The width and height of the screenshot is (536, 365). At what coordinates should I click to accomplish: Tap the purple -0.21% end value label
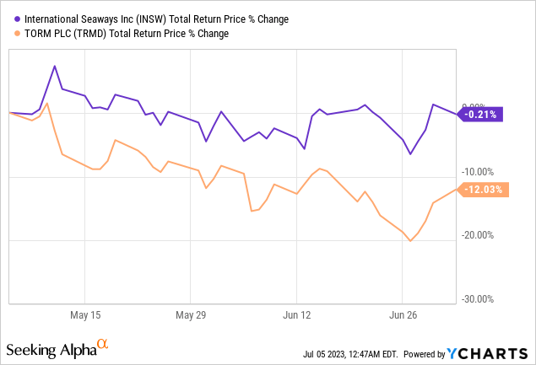(480, 114)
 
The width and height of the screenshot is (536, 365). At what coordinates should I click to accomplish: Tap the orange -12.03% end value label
(482, 190)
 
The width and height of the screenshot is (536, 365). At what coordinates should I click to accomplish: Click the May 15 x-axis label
(85, 314)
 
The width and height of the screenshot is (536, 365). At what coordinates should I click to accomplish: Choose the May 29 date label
(191, 314)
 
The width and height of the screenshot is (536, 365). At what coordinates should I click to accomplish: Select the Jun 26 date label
(403, 314)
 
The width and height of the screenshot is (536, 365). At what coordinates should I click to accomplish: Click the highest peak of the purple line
(55, 66)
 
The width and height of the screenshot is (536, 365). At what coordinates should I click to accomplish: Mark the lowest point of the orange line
(410, 241)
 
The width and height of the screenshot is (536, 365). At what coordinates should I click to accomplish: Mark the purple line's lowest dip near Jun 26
(410, 153)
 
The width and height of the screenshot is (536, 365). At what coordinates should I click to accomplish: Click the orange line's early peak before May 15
(47, 104)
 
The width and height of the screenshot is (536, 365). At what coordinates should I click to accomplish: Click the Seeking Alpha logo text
(50, 348)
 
